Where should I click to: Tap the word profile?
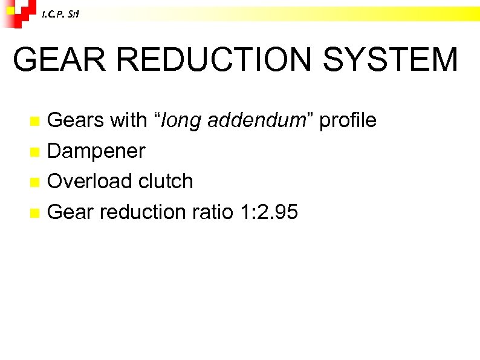[x=348, y=120]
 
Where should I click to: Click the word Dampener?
[x=96, y=151]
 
